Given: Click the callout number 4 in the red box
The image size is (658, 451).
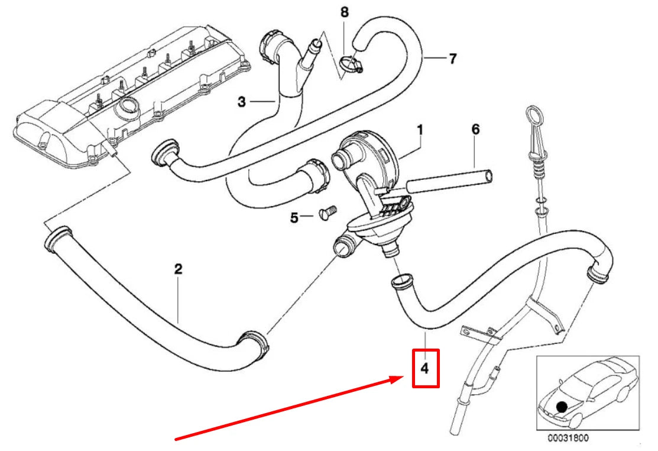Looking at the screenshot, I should coord(425,368).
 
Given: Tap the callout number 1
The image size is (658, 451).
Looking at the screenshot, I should coord(420,128).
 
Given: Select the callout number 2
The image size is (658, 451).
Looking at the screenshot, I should coord(178,269).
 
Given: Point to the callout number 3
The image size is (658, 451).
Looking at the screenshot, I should coord(241,102).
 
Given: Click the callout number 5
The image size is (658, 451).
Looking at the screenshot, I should coord(294,218).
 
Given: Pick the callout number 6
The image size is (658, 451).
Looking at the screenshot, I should coord(475,128).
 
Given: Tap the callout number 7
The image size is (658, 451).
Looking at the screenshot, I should coord(452,59).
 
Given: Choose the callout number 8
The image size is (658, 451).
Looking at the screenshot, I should coord(345,11).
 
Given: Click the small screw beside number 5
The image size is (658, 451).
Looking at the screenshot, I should coord(326,212).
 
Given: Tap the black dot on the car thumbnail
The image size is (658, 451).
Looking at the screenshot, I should coord(560,406).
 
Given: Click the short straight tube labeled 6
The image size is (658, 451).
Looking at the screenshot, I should coord(449,181).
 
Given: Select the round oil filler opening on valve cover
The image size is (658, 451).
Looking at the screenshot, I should coord(127,109).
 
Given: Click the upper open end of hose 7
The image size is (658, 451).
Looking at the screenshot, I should coord(358,43).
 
